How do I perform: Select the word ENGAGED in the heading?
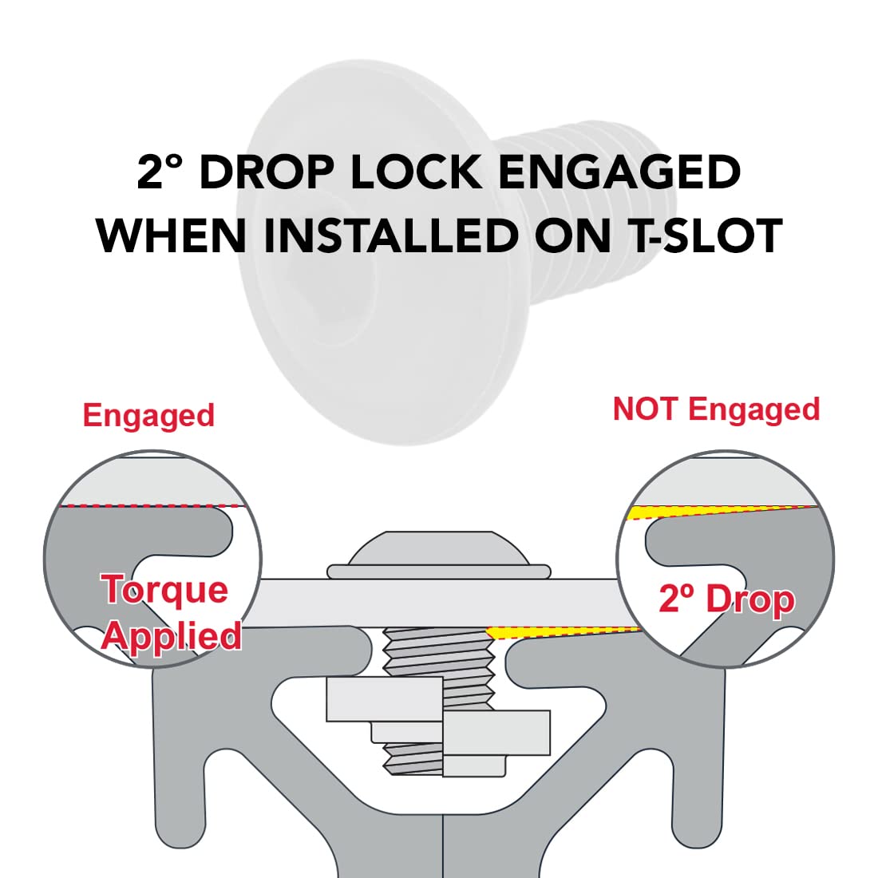point(619,172)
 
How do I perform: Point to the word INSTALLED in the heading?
point(390,235)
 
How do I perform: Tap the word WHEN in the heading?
point(172,235)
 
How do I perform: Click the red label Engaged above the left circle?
point(149,415)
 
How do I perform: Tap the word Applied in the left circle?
point(172,636)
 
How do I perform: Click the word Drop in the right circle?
point(750,600)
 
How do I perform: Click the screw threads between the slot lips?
point(438,651)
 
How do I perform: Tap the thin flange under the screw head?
point(438,571)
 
